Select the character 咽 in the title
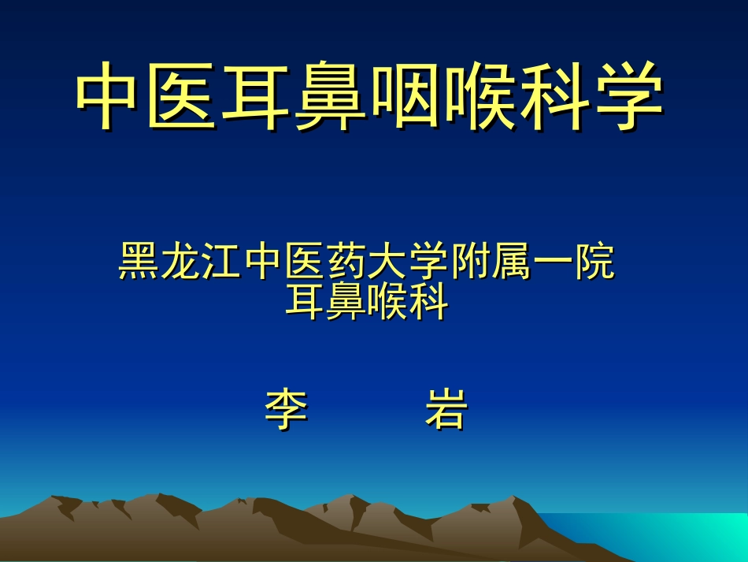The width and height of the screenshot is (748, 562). point(404,96)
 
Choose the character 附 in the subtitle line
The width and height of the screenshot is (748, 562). point(472,262)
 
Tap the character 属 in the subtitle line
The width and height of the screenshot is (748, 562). point(513,262)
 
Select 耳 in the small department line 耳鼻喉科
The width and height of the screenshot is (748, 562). point(305,302)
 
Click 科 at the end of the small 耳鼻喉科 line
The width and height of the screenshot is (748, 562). point(429,302)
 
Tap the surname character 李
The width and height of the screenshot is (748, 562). point(285,410)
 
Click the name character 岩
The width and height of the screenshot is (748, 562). point(446,410)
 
